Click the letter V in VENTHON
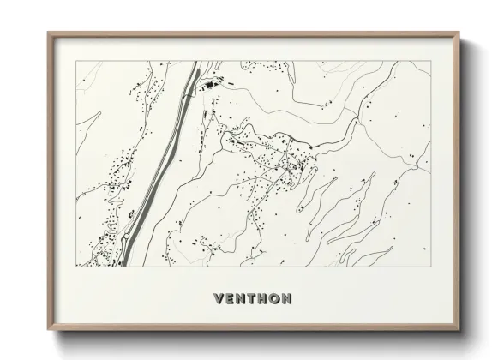click(215, 299)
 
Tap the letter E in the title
click(227, 299)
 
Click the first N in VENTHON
click(239, 299)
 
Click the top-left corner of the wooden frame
click(47, 33)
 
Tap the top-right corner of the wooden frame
click(459, 33)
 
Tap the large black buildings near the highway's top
click(208, 86)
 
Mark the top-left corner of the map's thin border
click(75, 61)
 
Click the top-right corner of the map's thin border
click(430, 61)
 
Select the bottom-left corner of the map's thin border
click(75, 267)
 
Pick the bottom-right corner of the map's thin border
click(430, 267)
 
